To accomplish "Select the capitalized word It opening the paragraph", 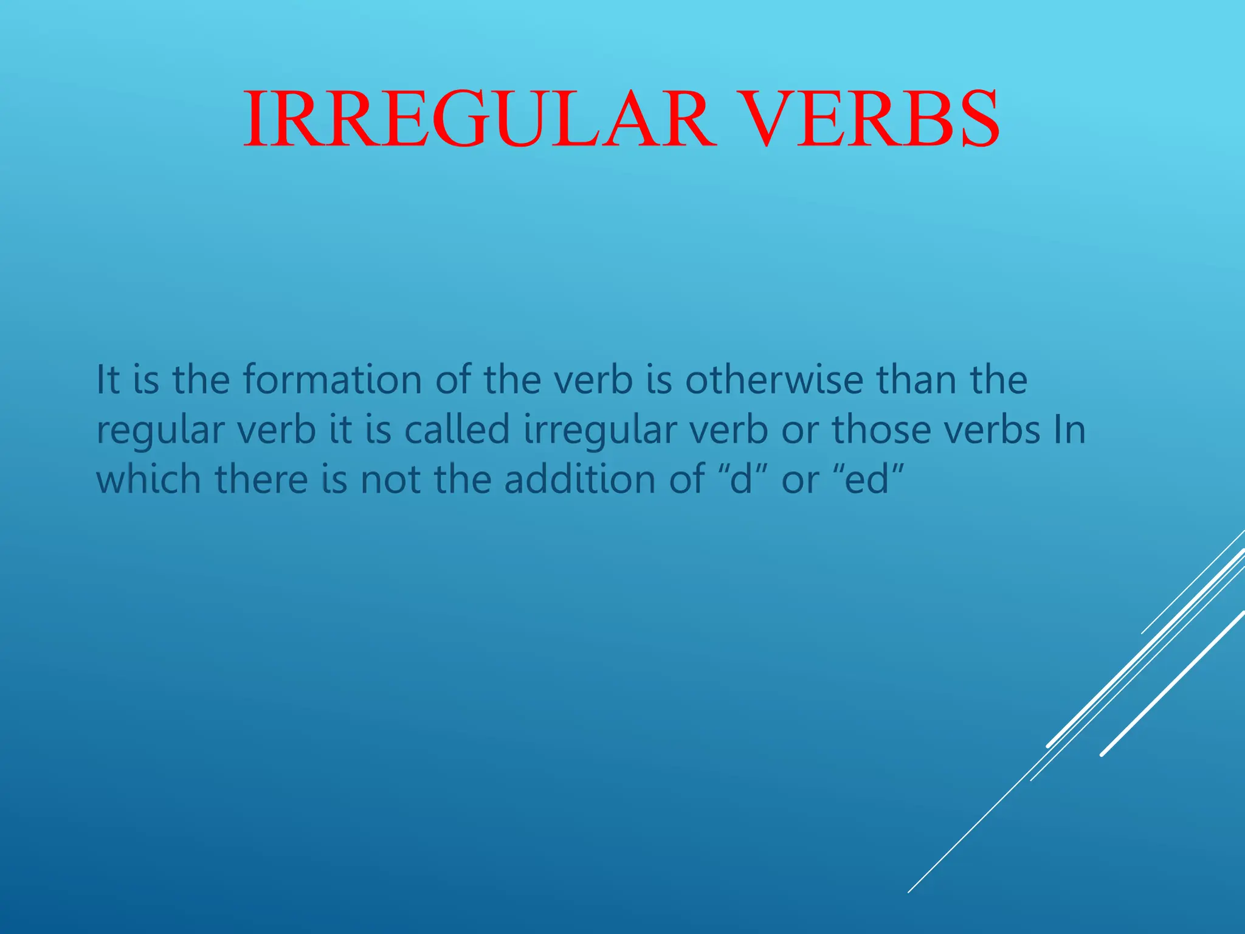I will pyautogui.click(x=108, y=379).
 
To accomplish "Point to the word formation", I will pyautogui.click(x=333, y=379).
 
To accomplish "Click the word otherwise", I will pyautogui.click(x=774, y=379).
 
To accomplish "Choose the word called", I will pyautogui.click(x=457, y=429).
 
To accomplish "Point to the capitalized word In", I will pyautogui.click(x=1069, y=429).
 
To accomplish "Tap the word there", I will pyautogui.click(x=261, y=479).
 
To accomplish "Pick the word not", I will pyautogui.click(x=390, y=479).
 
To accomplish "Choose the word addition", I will pyautogui.click(x=580, y=479).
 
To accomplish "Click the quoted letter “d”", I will pyautogui.click(x=740, y=478).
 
